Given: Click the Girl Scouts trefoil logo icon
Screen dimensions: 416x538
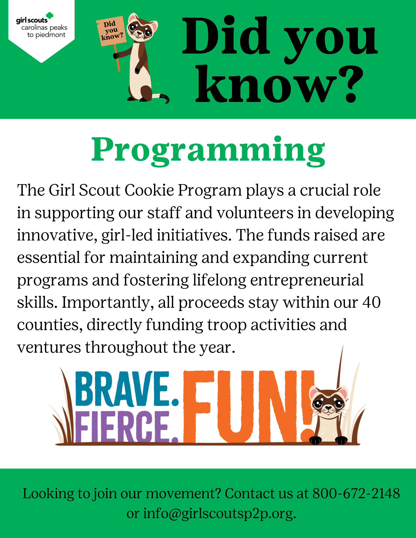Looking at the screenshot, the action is tap(50, 16).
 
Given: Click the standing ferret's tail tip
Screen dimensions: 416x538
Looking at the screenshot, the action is tap(167, 99).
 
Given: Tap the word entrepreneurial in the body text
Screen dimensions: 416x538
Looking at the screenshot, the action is tap(307, 280).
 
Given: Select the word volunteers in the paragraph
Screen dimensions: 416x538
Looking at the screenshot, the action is tap(255, 213).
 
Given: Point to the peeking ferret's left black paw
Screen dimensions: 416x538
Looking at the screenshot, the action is tap(315, 440).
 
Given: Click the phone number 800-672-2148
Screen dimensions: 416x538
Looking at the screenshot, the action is tap(356, 493).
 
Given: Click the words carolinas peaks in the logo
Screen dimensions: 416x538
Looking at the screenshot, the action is tap(44, 28).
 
